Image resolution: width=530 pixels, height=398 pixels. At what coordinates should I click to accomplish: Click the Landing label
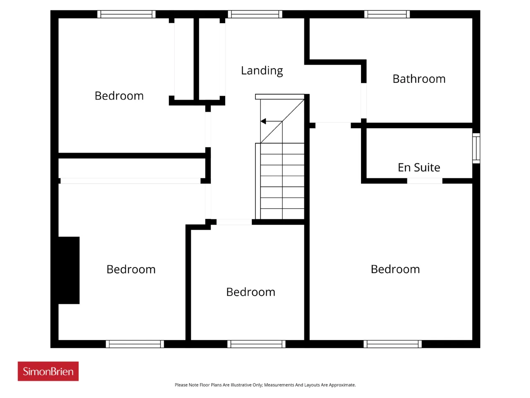tap(262, 71)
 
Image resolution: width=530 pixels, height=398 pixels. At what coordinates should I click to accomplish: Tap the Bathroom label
tap(419, 79)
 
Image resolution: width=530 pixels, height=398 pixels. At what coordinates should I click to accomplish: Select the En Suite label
tap(419, 167)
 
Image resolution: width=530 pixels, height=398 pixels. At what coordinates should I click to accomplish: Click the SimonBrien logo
tap(48, 371)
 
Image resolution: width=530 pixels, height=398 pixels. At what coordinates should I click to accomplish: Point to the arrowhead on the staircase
tap(263, 121)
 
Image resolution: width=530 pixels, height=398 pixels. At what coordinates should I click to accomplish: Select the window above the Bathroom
tap(387, 14)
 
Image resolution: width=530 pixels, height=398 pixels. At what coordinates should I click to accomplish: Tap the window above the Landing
tap(255, 14)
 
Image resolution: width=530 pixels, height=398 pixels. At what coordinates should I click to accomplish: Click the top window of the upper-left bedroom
tap(126, 14)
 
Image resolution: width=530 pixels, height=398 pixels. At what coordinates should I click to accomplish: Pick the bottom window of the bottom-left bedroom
tap(135, 344)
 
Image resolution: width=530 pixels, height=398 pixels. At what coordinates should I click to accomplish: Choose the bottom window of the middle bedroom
tap(256, 344)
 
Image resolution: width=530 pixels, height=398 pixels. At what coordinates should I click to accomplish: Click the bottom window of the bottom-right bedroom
tap(393, 344)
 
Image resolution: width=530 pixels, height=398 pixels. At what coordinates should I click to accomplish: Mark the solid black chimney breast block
tap(69, 270)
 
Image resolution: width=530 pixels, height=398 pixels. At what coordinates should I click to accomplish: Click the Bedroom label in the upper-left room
tap(119, 96)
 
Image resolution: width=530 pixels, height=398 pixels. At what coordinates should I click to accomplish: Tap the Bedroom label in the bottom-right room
tap(395, 269)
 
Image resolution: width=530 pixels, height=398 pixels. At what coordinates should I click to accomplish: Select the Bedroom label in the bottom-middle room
tap(251, 292)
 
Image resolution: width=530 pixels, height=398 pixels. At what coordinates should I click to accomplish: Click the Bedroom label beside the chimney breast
tap(131, 269)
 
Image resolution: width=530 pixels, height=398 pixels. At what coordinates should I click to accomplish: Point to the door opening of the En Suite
tap(424, 181)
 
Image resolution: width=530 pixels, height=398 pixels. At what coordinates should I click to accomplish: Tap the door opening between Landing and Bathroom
tap(364, 101)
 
